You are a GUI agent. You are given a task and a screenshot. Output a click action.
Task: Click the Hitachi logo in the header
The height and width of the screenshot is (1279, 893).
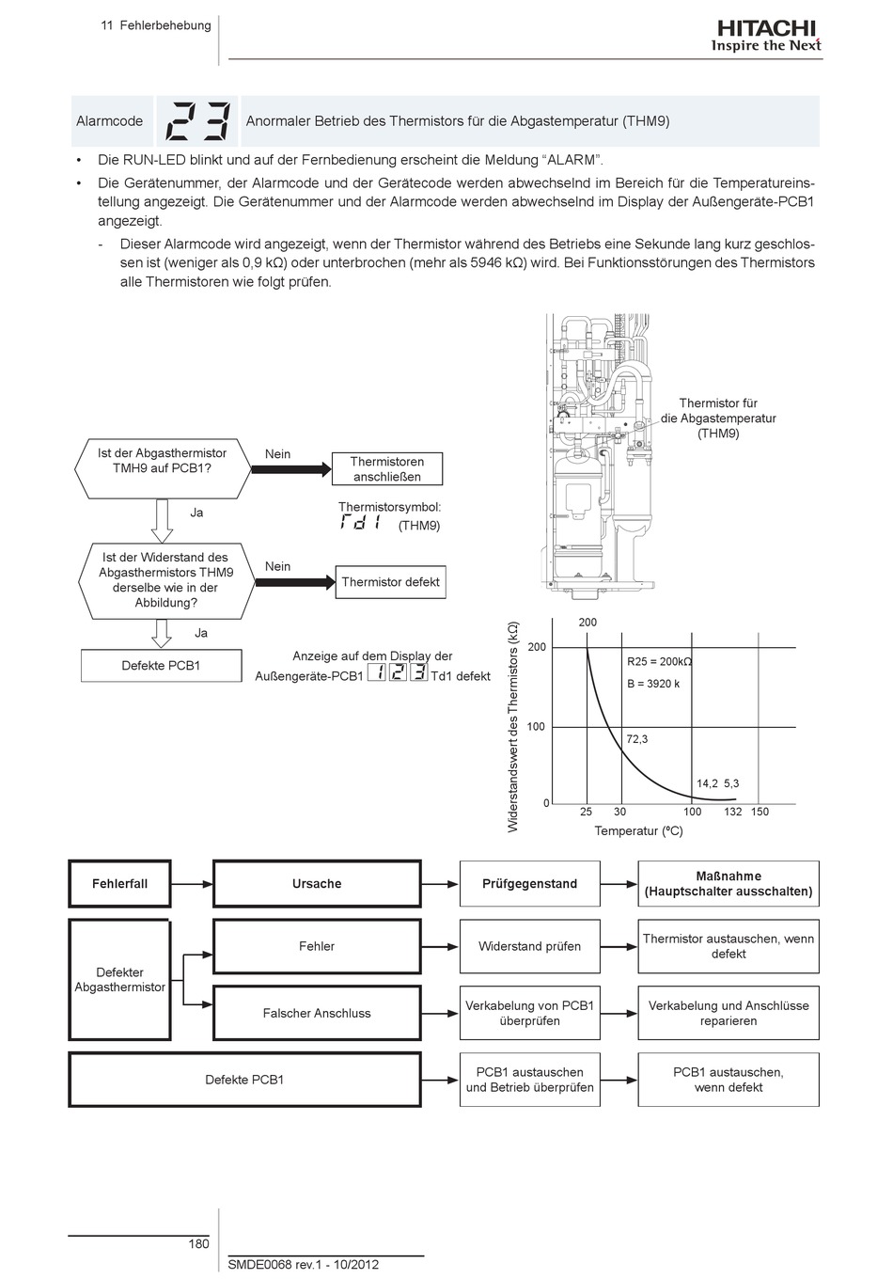tap(766, 37)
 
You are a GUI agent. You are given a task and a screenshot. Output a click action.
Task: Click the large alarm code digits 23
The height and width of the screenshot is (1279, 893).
tap(197, 121)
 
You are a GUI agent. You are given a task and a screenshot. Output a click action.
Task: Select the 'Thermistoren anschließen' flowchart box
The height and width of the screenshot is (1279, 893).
tap(387, 468)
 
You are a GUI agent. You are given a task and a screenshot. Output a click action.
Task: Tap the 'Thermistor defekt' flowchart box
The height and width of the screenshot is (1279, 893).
tap(390, 582)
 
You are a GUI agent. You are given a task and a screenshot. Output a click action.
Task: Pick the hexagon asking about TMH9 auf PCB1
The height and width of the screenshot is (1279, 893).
tap(163, 468)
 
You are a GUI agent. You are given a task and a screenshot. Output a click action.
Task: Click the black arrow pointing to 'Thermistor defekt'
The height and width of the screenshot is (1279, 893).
tap(295, 582)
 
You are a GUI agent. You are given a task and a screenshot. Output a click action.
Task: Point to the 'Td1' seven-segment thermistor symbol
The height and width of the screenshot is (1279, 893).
tap(359, 522)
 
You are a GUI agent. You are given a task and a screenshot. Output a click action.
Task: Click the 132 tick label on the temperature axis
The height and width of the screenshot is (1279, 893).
tap(732, 812)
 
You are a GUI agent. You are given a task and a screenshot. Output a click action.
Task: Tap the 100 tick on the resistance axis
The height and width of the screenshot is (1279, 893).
tap(536, 726)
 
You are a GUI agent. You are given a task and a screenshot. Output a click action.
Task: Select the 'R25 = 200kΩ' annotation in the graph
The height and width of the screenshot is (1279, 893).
tap(659, 661)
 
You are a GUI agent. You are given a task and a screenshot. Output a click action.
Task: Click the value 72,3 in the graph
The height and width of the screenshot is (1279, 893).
tap(636, 739)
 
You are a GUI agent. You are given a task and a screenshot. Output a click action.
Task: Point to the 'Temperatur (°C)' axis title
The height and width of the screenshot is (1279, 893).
tap(638, 830)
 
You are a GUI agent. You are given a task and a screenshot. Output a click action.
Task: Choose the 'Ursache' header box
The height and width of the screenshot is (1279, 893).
tap(317, 883)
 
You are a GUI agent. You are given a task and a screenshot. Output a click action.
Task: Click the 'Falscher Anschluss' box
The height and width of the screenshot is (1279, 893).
tap(317, 1013)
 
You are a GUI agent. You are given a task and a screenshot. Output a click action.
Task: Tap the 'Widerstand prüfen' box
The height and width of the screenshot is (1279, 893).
tap(529, 946)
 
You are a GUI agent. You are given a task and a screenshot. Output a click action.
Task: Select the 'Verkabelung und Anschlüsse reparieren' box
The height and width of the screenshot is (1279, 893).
tap(728, 1013)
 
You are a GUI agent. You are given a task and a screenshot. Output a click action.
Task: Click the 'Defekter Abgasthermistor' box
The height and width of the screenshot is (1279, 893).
tap(119, 979)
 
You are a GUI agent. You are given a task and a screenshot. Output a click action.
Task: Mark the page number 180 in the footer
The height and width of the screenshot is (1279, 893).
tap(198, 1243)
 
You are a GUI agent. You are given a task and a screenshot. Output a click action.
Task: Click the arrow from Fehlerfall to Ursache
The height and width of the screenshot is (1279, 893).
tap(192, 884)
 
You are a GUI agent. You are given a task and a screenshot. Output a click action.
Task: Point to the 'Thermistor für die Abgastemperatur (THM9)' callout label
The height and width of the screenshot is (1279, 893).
tap(718, 418)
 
